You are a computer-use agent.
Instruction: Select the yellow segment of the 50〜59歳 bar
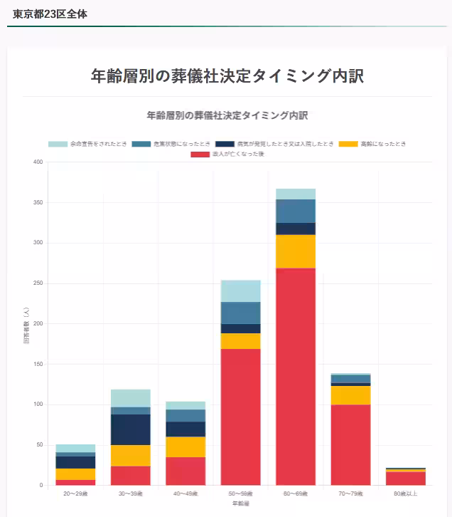click(240, 341)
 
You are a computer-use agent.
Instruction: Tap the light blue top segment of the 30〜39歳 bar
click(131, 398)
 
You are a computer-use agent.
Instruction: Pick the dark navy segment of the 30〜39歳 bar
click(131, 429)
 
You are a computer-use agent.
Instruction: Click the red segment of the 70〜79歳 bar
click(351, 444)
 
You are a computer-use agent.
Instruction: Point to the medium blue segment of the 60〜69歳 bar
click(296, 211)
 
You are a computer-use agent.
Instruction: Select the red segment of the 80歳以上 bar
click(406, 478)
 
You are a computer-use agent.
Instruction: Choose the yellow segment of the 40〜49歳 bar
click(185, 446)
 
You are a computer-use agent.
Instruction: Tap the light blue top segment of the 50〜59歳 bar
click(240, 291)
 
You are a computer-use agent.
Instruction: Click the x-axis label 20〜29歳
click(75, 493)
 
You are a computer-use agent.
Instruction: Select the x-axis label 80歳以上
click(406, 493)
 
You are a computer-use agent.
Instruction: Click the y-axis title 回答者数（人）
click(26, 324)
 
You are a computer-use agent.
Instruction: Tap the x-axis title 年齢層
click(240, 503)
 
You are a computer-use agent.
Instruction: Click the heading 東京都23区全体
click(50, 14)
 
